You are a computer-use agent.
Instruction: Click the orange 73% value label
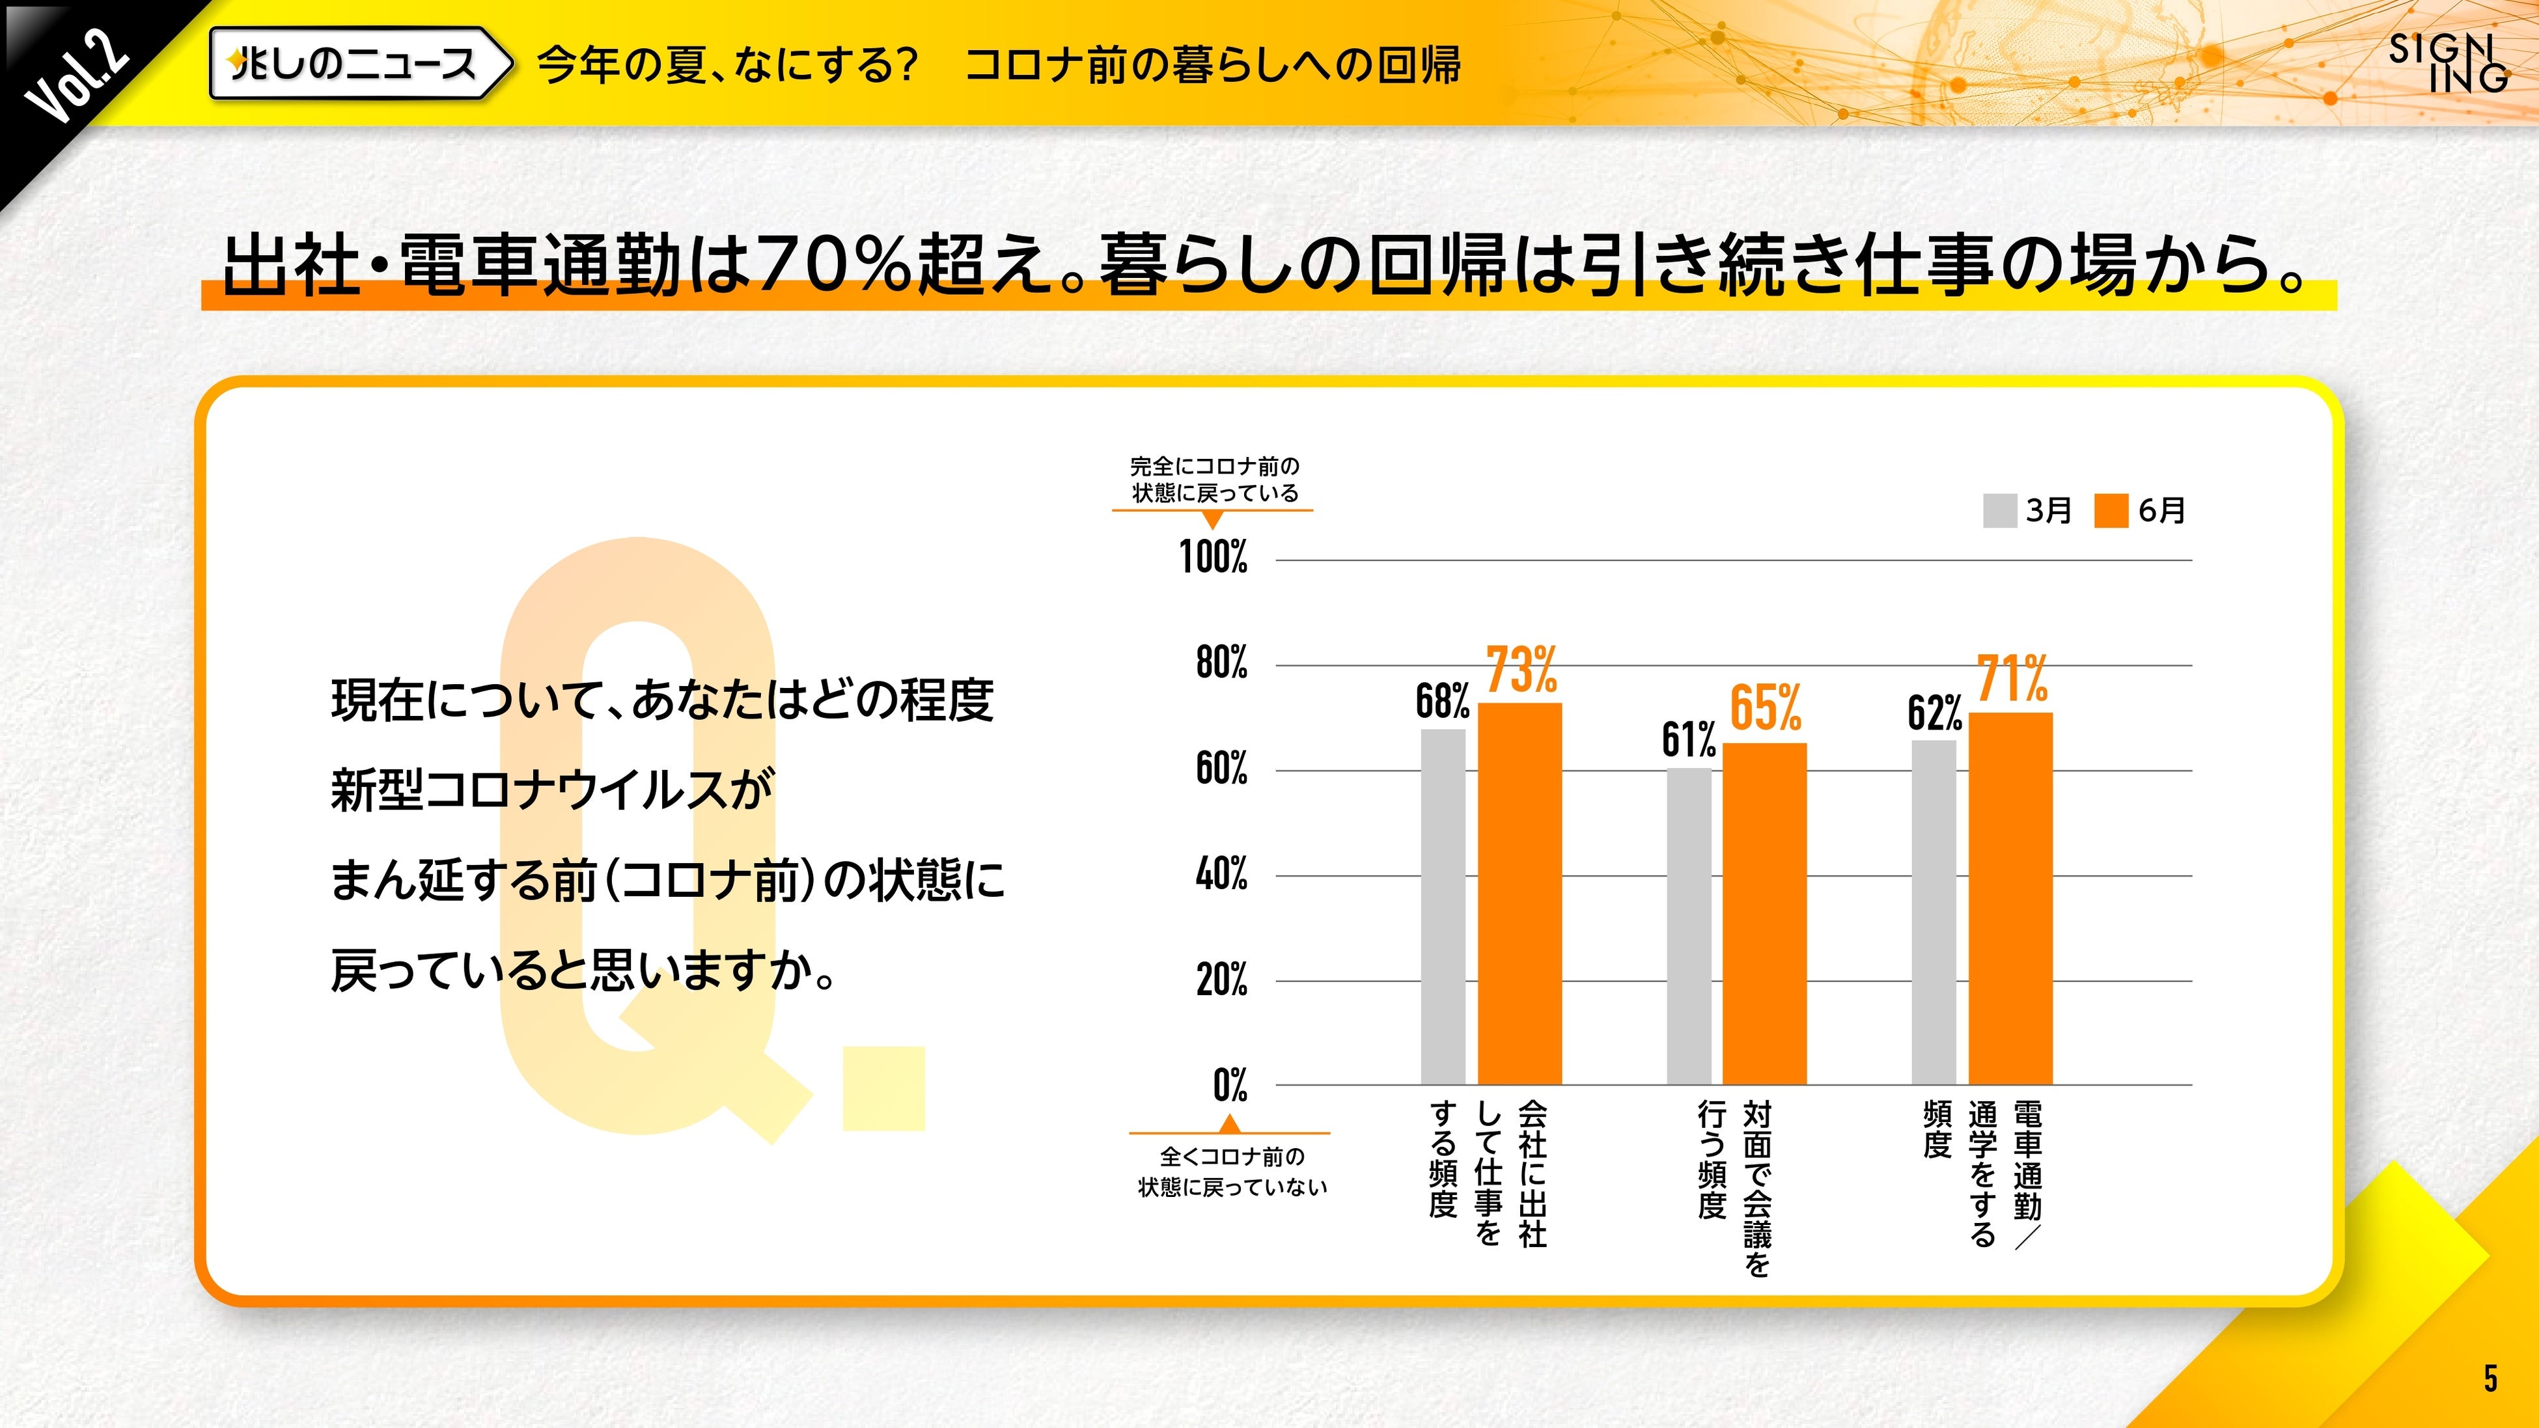click(x=1521, y=670)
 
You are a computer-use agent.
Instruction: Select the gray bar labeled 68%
click(x=1443, y=907)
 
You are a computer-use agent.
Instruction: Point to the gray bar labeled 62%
click(x=1934, y=912)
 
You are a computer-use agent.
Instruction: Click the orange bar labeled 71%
click(x=2011, y=898)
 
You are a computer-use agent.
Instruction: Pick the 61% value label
click(x=1688, y=740)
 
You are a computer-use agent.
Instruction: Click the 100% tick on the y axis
click(x=1214, y=558)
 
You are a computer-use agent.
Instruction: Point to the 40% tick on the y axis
click(x=1221, y=874)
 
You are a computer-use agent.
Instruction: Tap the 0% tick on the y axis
click(x=1230, y=1085)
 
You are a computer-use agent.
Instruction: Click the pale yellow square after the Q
click(x=884, y=1088)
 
